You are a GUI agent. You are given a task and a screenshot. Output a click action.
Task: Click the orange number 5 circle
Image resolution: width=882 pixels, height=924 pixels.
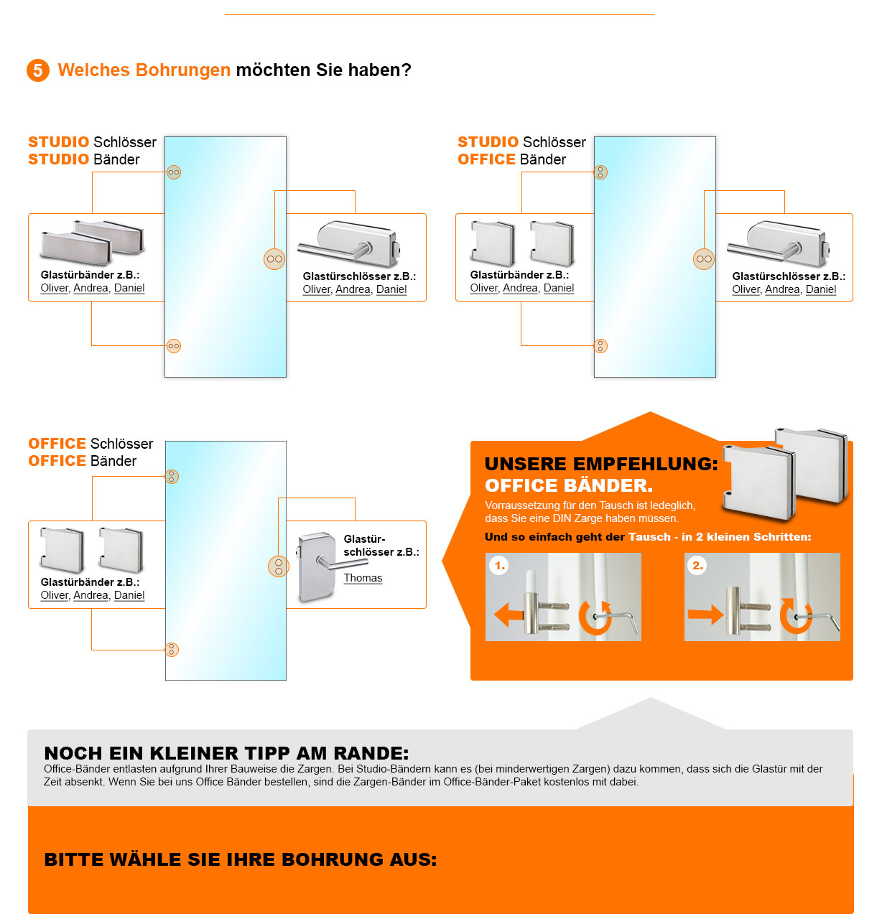(38, 70)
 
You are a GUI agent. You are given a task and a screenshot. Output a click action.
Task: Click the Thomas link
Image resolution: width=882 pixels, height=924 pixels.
(363, 578)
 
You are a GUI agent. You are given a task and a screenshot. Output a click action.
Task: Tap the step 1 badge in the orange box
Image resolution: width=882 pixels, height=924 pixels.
(500, 566)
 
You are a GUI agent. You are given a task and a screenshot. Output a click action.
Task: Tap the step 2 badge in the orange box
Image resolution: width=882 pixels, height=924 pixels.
(697, 566)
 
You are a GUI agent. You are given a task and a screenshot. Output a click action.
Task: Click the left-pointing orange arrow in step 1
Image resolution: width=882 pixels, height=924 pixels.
(509, 615)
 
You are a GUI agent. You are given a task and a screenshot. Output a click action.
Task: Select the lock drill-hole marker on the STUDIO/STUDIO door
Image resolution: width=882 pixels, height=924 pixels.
(274, 259)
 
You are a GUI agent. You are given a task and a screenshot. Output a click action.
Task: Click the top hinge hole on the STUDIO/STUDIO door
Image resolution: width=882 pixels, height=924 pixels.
(174, 172)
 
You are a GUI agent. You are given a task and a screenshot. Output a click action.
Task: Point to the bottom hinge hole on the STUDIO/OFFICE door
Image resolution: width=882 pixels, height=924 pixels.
(601, 346)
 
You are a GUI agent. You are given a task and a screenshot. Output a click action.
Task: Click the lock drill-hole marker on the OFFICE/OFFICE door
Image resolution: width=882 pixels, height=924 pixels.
(278, 566)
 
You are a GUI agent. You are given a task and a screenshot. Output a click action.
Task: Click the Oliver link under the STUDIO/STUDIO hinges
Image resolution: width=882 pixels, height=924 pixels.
(55, 288)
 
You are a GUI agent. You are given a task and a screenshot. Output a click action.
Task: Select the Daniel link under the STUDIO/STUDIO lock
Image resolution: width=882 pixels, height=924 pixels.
(391, 289)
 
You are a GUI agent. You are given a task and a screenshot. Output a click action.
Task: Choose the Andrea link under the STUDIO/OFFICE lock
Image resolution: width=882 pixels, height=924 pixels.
(782, 289)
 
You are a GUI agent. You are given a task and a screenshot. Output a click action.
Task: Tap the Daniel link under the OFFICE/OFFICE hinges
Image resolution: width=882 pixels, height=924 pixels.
(129, 595)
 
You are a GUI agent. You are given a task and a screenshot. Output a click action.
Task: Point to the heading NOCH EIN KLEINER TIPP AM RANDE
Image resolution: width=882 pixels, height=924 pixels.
(226, 753)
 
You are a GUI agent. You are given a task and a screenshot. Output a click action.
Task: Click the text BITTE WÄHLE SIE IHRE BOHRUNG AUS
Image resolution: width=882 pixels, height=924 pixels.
(241, 859)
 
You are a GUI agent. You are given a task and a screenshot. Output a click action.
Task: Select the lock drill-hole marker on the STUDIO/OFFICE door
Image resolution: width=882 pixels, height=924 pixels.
(704, 259)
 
